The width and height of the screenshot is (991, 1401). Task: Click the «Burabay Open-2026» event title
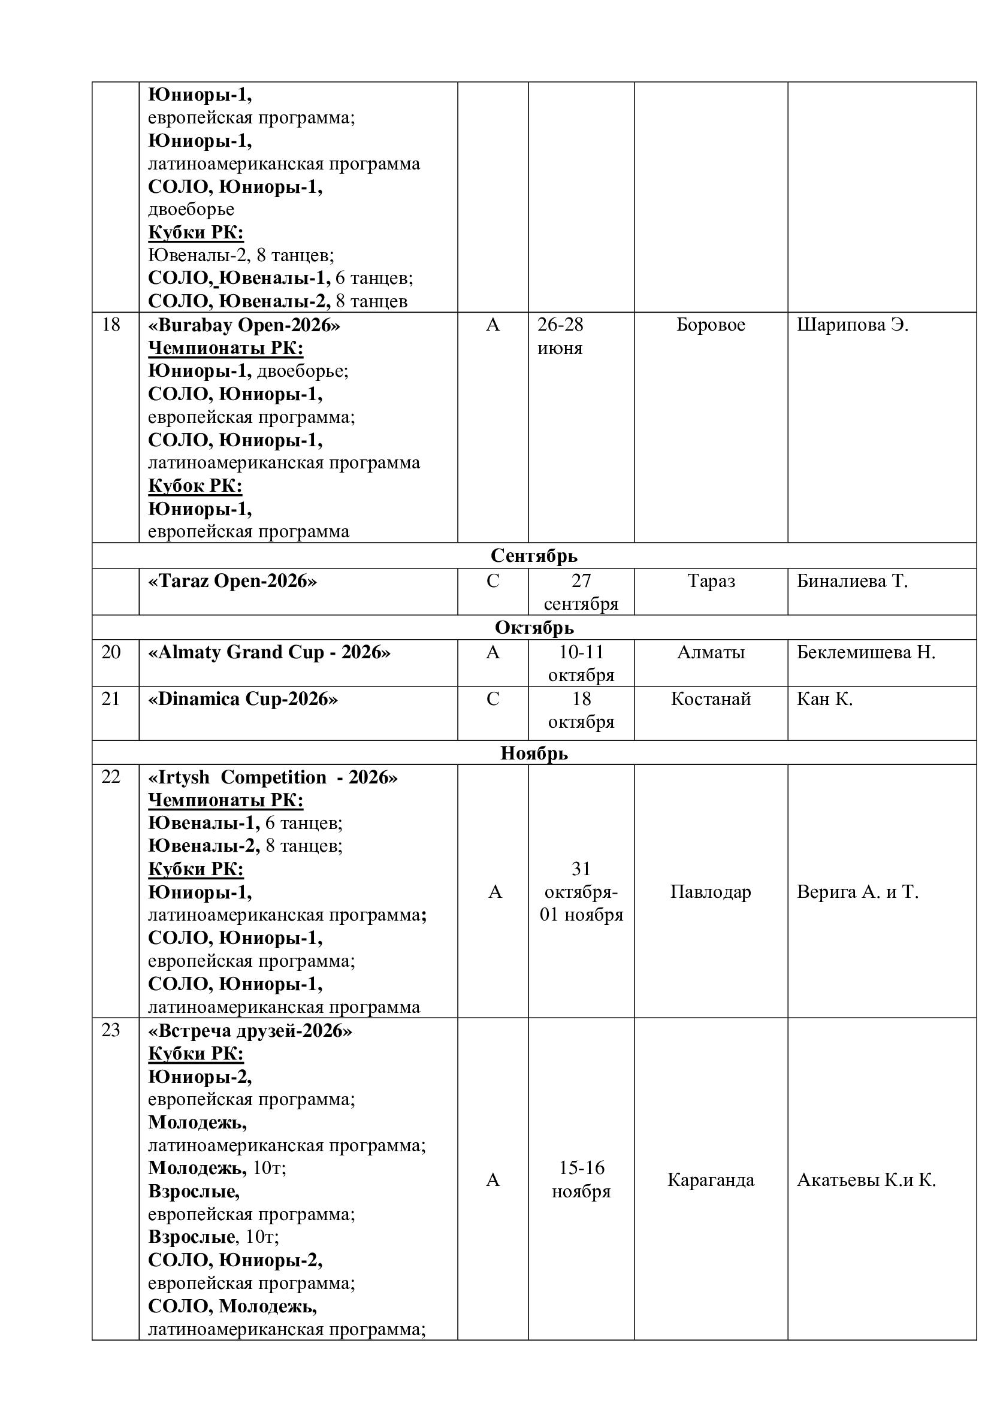pos(244,325)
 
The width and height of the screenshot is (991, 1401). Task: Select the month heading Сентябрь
pos(534,556)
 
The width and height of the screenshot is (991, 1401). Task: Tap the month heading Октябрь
pos(534,627)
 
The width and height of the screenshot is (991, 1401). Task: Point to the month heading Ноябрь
pos(534,754)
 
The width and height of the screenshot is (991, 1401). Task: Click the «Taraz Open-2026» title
pos(232,581)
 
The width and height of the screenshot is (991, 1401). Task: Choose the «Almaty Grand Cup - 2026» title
pos(269,652)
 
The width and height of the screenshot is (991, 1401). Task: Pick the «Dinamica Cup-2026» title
pos(243,698)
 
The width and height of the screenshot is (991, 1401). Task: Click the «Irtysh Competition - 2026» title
pos(273,777)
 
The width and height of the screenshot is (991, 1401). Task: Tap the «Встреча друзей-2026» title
pos(250,1031)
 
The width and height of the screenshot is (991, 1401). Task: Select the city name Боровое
pos(711,325)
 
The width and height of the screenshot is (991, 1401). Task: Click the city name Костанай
pos(711,698)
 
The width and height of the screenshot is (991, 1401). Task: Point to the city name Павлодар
pos(711,892)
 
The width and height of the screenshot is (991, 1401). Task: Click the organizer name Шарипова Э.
pos(853,325)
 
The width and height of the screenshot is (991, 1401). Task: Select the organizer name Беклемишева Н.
pos(866,652)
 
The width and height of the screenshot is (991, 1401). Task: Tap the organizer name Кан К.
pos(824,698)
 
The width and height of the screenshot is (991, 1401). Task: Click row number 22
pos(110,777)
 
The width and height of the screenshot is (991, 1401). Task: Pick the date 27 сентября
pos(581,592)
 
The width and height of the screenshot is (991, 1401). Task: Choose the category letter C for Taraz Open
pos(493,581)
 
